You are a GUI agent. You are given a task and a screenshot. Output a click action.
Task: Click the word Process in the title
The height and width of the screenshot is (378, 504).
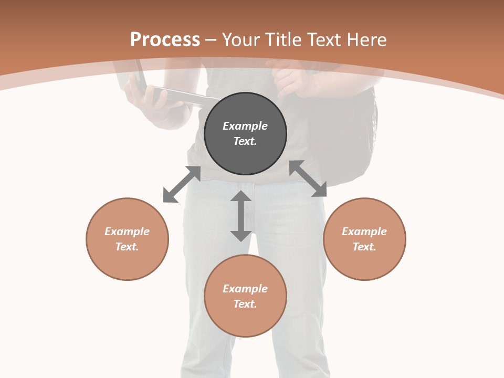[x=165, y=40]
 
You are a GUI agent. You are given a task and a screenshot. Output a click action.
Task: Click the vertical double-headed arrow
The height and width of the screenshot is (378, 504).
[x=241, y=216]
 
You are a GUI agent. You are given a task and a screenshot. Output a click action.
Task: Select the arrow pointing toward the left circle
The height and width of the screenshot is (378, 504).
[x=182, y=184]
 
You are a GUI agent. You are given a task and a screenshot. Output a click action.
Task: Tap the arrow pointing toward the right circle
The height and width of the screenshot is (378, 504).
[x=308, y=178]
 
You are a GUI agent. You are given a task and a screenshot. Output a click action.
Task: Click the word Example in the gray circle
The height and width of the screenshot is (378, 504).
[x=245, y=126]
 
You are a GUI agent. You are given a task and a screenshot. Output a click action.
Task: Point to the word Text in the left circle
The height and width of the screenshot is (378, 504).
[x=127, y=247]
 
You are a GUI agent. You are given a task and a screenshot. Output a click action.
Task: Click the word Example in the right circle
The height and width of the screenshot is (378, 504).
[x=364, y=232]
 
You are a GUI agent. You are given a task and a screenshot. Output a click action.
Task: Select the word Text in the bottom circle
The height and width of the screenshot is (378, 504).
[x=245, y=304]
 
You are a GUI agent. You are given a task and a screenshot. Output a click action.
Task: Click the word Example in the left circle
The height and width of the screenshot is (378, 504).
[x=127, y=232]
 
